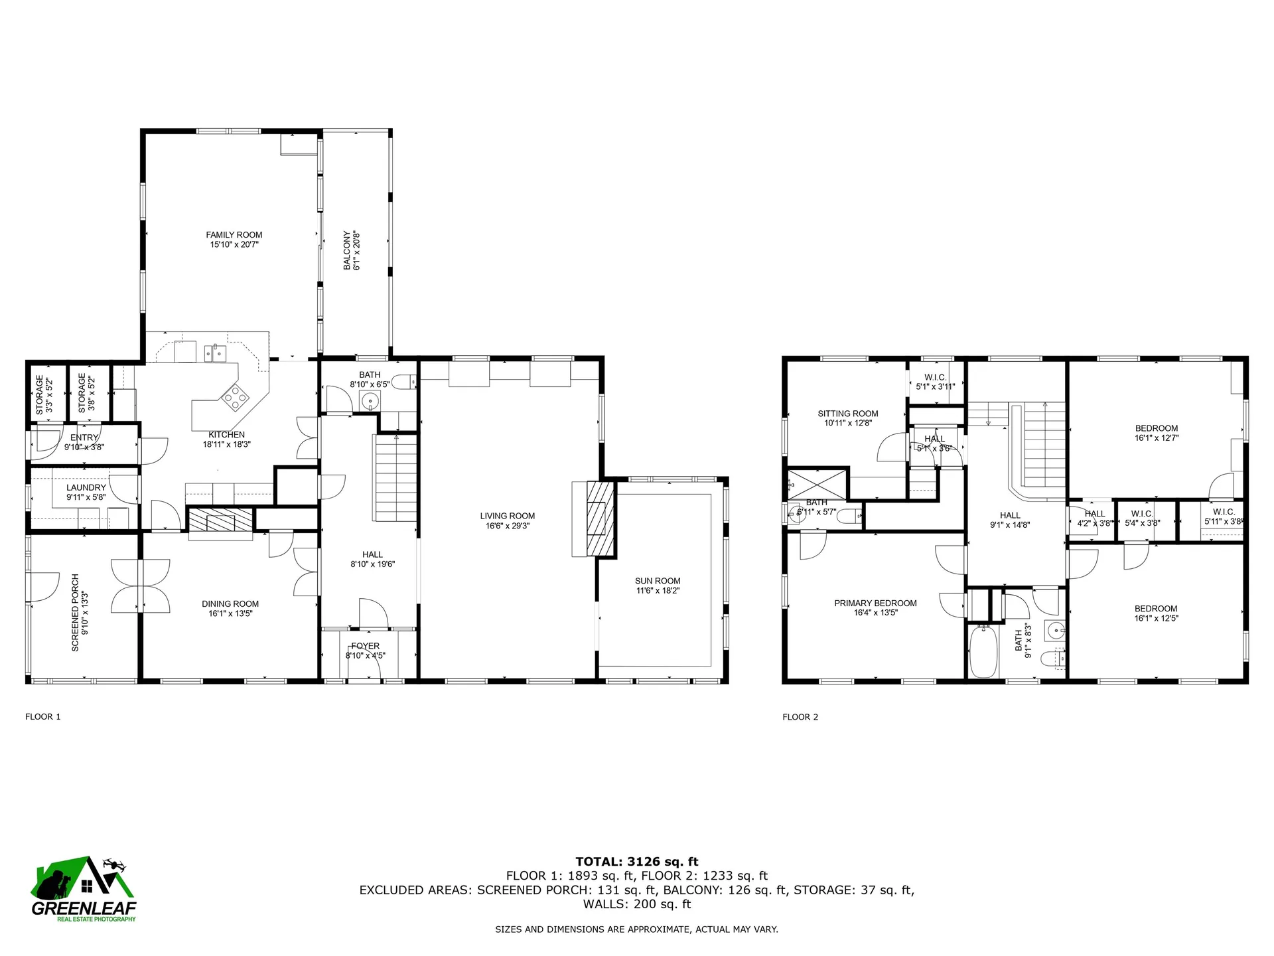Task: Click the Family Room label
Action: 234,235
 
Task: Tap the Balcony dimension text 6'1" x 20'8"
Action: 356,250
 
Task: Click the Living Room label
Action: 507,516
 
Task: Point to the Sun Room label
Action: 657,581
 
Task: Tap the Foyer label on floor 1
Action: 365,646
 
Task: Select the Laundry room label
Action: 86,488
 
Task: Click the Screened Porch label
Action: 75,612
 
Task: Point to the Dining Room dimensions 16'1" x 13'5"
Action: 230,613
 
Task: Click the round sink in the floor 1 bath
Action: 370,400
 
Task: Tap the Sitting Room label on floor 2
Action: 847,414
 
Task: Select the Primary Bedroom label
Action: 875,603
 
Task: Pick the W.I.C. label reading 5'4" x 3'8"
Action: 1142,523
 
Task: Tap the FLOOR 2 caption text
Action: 800,717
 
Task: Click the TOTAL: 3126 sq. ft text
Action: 636,862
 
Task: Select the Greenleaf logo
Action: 84,888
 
